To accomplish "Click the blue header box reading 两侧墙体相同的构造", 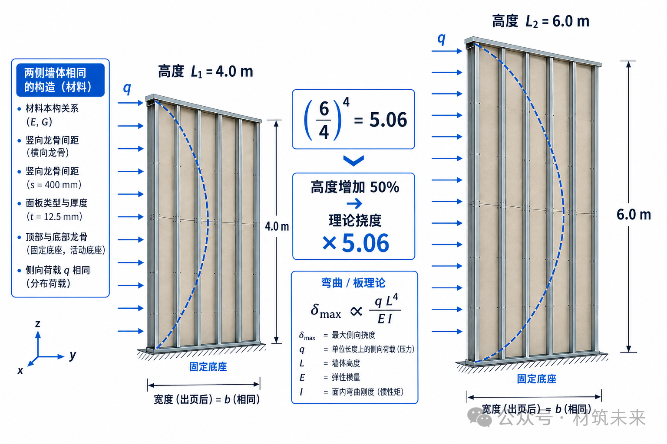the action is [x=60, y=80].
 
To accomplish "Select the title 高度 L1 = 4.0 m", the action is [x=205, y=72].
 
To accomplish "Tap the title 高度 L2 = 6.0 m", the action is [x=541, y=21].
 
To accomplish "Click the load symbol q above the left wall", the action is [x=127, y=88].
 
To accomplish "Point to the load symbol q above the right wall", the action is [x=441, y=39].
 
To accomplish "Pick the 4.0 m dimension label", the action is [x=277, y=227].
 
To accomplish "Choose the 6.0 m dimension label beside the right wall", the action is [x=634, y=215].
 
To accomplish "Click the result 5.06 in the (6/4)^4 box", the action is [x=388, y=120].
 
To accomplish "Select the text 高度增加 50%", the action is [x=355, y=187].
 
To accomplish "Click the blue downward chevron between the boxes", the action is [x=353, y=160].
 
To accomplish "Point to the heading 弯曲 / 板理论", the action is [x=353, y=283].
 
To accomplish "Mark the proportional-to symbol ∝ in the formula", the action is [x=356, y=311].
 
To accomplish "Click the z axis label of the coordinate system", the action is [x=37, y=324].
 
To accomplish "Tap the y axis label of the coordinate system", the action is [x=73, y=356].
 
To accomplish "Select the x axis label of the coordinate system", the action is [x=20, y=371].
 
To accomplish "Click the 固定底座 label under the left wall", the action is [x=208, y=367].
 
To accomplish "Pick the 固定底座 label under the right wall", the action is [x=537, y=379].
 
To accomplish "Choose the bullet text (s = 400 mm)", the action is [x=54, y=185].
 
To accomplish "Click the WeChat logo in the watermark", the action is [x=479, y=417].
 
